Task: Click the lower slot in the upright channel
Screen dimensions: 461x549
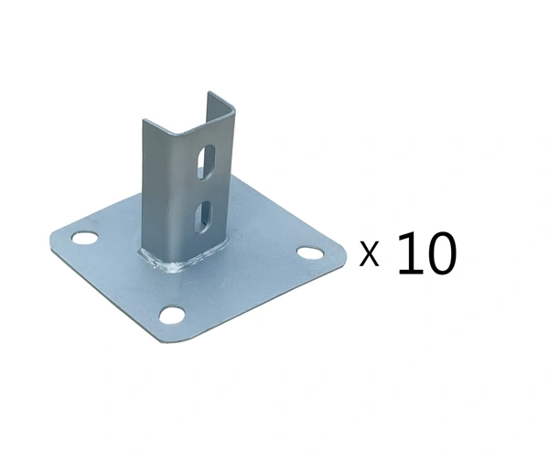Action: pos(203,216)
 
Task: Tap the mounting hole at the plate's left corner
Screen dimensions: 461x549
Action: pos(84,239)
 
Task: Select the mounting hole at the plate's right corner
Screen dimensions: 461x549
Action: pos(308,252)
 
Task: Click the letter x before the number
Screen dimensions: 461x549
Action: pos(370,253)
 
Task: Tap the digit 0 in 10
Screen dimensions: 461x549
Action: pos(439,253)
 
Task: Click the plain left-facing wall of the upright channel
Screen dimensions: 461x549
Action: pos(161,192)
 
